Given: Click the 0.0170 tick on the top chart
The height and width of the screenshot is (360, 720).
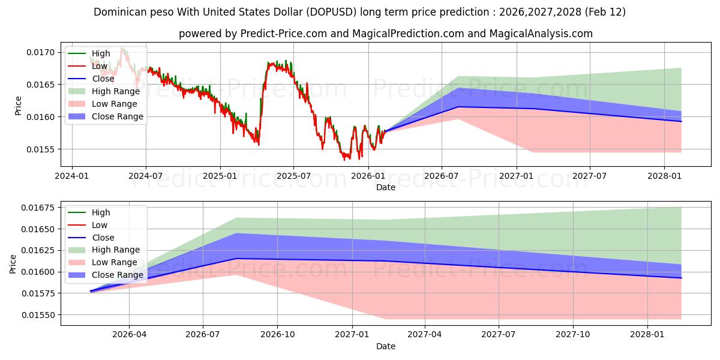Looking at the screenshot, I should point(43,52).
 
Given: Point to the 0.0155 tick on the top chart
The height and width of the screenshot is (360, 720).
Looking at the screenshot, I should point(43,149).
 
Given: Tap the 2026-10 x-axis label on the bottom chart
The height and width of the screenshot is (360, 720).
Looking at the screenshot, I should point(277,334).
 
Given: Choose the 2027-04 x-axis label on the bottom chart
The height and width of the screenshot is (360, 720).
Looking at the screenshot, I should point(425,334).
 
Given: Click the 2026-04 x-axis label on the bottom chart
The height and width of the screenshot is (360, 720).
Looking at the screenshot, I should point(129,334).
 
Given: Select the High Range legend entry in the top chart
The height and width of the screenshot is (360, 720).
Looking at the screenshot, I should point(115,91).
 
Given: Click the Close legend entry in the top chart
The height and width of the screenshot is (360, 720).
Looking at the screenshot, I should point(103,79).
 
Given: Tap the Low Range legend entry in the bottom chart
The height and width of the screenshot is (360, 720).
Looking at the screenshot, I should point(114,263).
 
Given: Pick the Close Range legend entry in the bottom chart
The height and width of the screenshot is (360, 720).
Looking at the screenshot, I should point(117,275).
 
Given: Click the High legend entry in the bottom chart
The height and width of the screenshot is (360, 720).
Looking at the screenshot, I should point(101,212).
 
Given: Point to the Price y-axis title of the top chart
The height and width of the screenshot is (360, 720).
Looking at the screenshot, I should point(18,105).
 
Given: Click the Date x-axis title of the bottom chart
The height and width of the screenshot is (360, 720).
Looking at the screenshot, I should point(385,346).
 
